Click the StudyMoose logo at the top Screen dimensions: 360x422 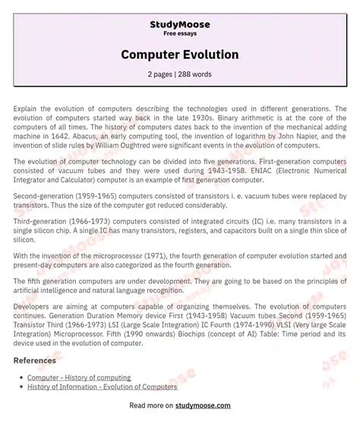click(x=180, y=24)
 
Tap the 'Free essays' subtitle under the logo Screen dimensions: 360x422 click(x=180, y=34)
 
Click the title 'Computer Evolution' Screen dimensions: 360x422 click(x=180, y=55)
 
